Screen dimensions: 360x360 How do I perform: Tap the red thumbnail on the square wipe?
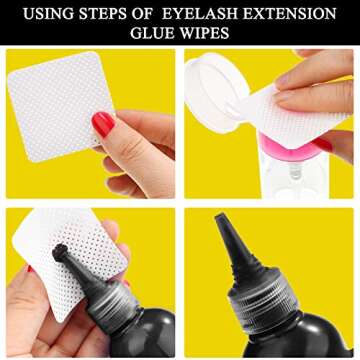coord(102,124)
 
